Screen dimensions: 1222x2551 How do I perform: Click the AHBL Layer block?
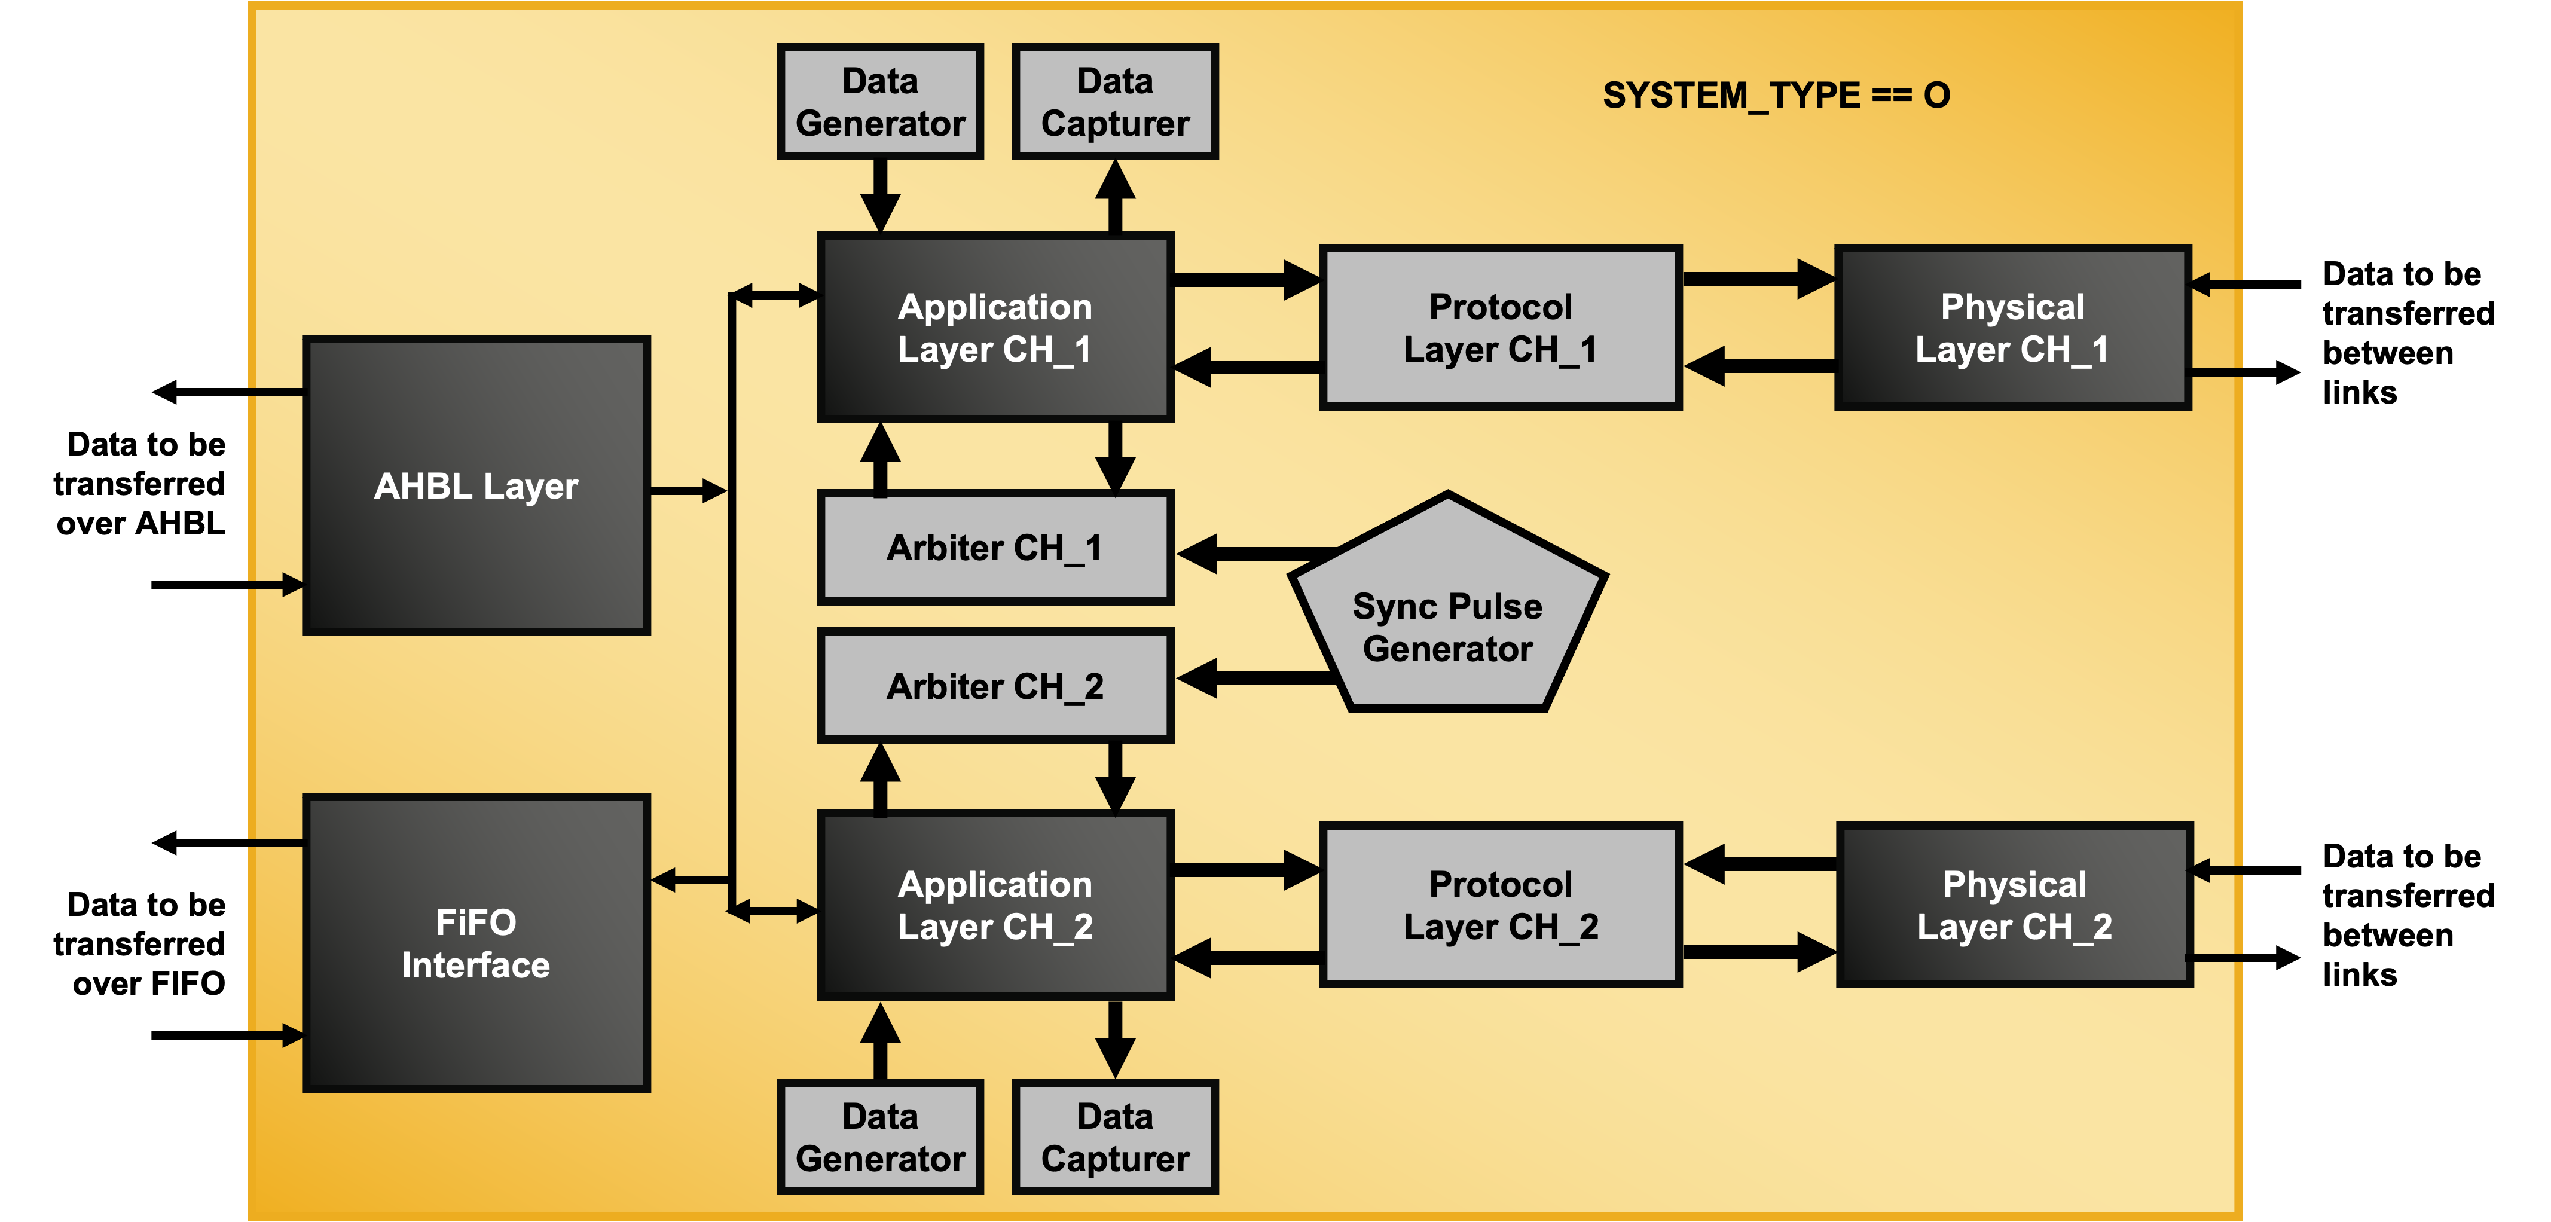[476, 485]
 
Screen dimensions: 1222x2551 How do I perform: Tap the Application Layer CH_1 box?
[995, 328]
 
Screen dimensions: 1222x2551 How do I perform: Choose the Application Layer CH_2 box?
[995, 905]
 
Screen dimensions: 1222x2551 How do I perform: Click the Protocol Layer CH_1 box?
[1501, 328]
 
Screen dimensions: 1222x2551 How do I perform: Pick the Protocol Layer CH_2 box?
[1501, 905]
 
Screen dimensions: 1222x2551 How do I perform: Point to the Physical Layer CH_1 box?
[2012, 328]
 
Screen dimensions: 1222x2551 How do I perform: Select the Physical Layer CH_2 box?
[2014, 905]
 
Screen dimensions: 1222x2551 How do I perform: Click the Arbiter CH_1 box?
[995, 548]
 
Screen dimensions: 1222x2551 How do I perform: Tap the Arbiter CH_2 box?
[995, 685]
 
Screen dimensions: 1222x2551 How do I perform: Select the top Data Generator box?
[881, 102]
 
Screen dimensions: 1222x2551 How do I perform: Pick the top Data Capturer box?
[1115, 102]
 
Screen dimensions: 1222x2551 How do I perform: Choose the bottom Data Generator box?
[881, 1137]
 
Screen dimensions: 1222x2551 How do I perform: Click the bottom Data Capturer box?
[1115, 1137]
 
